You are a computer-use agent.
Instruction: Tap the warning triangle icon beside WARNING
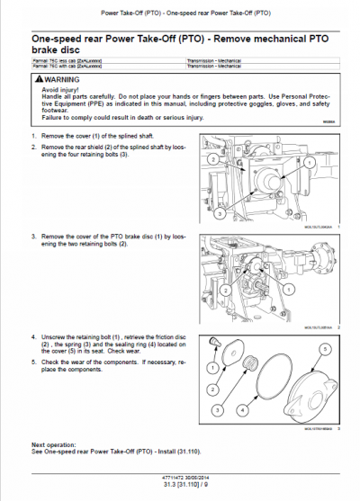[38, 79]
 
